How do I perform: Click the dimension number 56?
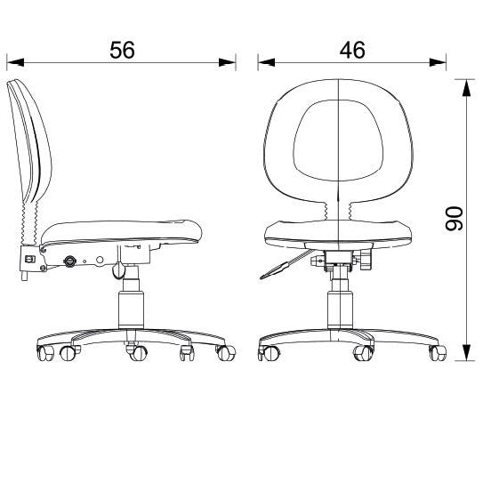122,50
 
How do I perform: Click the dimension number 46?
352,50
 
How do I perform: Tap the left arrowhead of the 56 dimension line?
12,63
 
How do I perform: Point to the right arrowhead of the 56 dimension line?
230,63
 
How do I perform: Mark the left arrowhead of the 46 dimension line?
264,63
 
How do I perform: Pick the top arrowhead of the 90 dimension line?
466,85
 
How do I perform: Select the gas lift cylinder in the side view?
132,302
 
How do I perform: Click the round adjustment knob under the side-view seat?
70,261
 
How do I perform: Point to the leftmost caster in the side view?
44,353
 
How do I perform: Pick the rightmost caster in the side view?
222,353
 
